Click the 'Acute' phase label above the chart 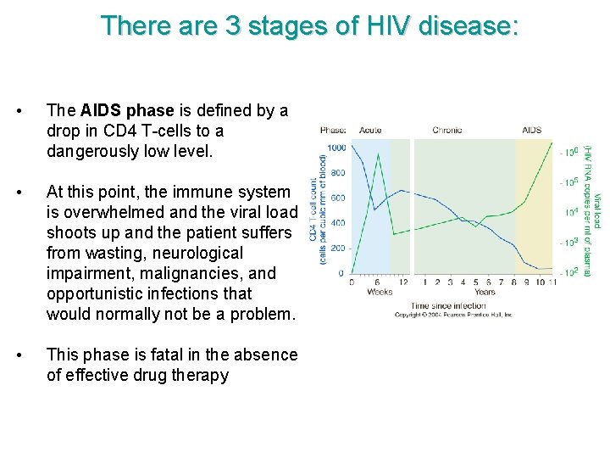pos(370,130)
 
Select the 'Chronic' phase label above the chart pos(447,130)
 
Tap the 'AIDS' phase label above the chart pos(532,130)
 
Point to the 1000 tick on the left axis pos(336,148)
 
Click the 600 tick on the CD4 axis pos(338,198)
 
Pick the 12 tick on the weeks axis pos(403,282)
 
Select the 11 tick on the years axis pos(552,282)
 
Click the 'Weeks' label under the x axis pos(379,293)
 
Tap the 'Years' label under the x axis pos(485,293)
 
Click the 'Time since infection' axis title pos(448,304)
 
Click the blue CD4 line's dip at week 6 pos(375,209)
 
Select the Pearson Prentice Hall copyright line pos(454,315)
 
